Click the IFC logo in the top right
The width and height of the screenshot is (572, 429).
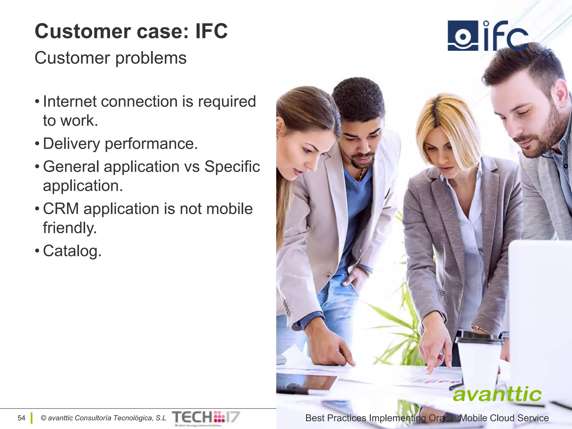pos(487,36)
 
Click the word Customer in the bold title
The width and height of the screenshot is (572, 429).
pos(83,31)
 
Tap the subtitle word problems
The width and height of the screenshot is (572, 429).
pos(151,59)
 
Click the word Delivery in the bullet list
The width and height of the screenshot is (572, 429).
pos(71,144)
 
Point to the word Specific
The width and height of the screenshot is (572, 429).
pos(232,167)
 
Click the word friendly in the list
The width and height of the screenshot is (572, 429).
pos(69,228)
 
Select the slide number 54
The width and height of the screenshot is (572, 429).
pos(21,418)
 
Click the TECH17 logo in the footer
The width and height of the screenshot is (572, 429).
pos(206,418)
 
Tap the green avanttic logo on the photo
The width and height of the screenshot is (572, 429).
pos(497,394)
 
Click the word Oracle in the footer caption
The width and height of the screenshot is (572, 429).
pos(443,418)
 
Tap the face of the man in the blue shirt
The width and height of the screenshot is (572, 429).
pos(360,145)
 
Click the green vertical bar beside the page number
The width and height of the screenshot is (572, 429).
pos(32,418)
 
